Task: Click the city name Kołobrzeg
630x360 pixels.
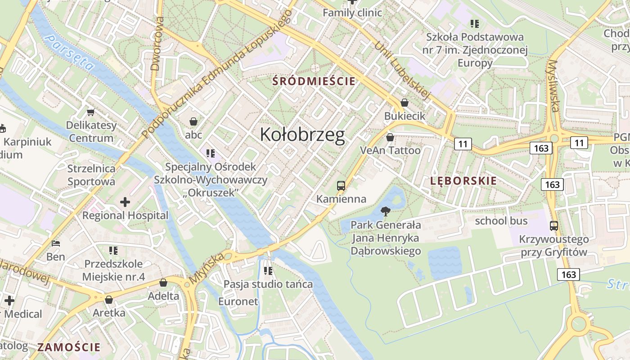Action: click(x=302, y=135)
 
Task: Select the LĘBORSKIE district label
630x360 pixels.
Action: click(x=463, y=181)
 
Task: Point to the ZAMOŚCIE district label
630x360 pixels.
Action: click(x=69, y=347)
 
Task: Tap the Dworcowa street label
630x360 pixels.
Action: click(x=156, y=50)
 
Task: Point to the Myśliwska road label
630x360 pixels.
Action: click(x=554, y=86)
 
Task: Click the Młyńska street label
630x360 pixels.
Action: click(x=207, y=268)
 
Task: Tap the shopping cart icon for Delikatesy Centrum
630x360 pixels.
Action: click(x=91, y=112)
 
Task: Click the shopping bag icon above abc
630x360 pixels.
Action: click(x=193, y=121)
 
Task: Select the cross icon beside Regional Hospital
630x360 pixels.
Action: click(x=125, y=202)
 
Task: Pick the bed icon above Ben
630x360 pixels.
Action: click(x=56, y=243)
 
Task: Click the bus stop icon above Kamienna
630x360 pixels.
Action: click(x=341, y=185)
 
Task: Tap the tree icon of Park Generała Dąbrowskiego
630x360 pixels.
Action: click(x=385, y=211)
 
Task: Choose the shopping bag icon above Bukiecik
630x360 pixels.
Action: click(x=404, y=103)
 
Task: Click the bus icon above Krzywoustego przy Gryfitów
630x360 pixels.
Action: click(x=553, y=226)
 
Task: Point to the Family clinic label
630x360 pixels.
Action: click(x=352, y=13)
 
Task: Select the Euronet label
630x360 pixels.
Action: click(x=238, y=301)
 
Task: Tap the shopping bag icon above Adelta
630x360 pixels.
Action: click(x=163, y=283)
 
